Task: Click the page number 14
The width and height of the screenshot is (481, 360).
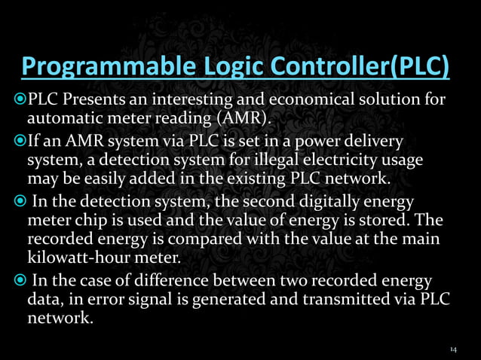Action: point(453,349)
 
